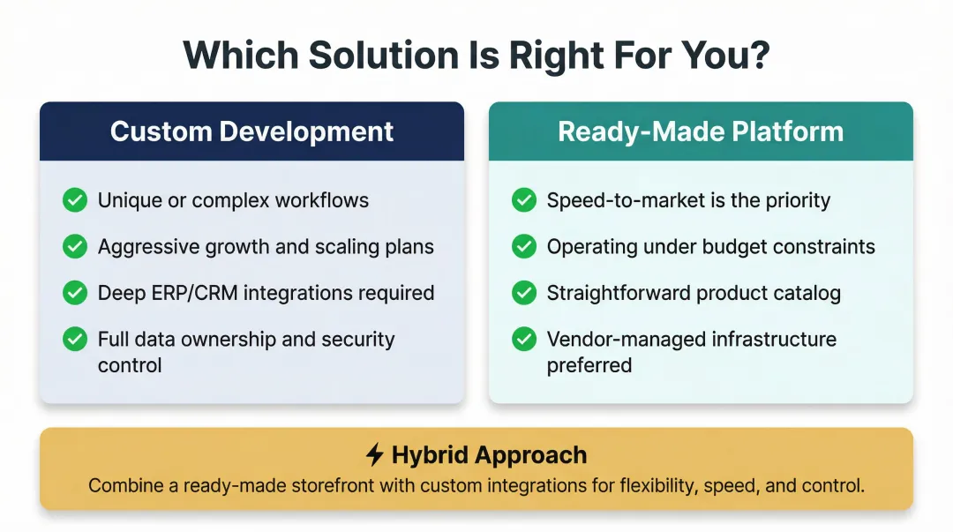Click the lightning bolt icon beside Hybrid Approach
click(375, 455)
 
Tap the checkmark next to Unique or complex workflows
click(75, 200)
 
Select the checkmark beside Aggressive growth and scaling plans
click(75, 247)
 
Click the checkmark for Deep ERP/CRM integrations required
click(75, 293)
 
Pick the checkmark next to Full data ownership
click(75, 339)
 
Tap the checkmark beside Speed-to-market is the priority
click(524, 200)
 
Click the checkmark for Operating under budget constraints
click(524, 247)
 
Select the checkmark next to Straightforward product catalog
click(524, 293)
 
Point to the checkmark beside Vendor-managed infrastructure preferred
click(524, 339)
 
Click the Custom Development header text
click(251, 131)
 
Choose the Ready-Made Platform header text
click(701, 131)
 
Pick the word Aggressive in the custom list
click(146, 247)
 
